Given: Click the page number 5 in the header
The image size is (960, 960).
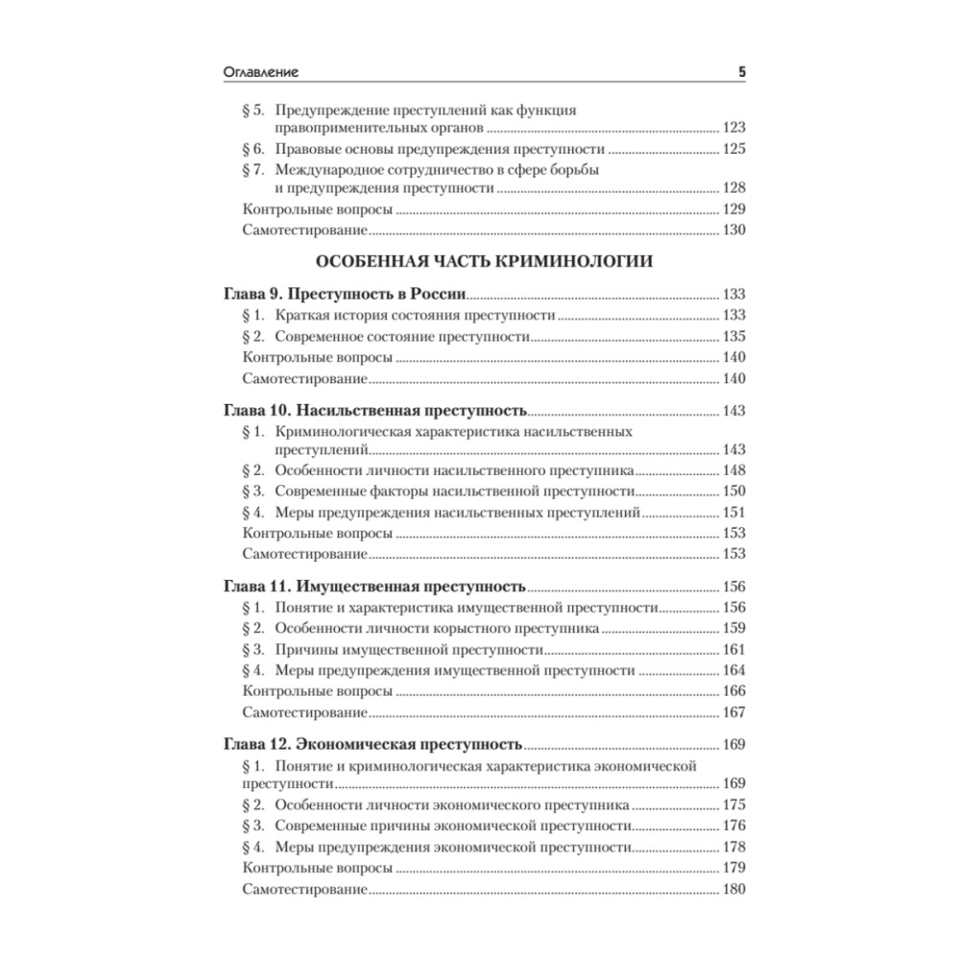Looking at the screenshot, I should click(x=741, y=72).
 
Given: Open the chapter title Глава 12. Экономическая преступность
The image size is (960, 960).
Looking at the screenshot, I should click(x=372, y=743).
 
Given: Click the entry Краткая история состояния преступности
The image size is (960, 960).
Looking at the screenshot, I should click(x=415, y=315).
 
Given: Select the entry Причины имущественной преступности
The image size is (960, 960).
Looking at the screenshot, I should click(x=409, y=650).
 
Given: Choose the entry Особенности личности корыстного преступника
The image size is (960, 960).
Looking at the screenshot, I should click(x=438, y=629).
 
